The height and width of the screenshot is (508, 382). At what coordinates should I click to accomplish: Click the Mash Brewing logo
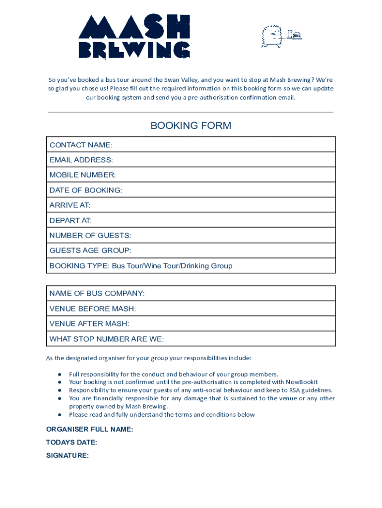pos(134,36)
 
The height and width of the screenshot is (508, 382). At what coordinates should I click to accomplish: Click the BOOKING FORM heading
pos(191,126)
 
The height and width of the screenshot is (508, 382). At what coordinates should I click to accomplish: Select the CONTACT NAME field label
pos(81,145)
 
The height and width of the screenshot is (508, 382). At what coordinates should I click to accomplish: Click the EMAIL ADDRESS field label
pos(81,160)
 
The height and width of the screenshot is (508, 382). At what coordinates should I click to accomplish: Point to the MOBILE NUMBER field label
pos(82,175)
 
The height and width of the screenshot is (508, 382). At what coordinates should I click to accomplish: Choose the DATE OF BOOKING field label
pos(85,190)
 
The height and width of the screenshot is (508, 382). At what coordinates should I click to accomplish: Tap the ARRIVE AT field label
pos(70,205)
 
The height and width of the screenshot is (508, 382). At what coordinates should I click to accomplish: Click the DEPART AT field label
pos(70,220)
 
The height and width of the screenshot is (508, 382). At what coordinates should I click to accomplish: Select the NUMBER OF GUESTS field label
pos(90,236)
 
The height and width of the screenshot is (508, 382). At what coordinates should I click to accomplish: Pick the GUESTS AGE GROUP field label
pos(90,251)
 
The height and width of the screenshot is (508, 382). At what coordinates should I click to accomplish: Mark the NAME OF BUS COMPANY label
pos(97,294)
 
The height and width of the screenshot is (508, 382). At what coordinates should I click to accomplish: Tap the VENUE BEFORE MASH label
pos(92,309)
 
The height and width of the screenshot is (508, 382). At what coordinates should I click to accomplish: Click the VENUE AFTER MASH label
pos(89,323)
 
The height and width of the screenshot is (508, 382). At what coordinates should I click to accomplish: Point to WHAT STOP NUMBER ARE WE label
pos(107,339)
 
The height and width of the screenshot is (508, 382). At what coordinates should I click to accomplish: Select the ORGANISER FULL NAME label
pos(89,430)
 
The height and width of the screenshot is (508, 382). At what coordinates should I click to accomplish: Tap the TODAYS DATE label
pos(71,443)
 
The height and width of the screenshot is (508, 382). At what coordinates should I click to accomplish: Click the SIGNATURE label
pos(67,455)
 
